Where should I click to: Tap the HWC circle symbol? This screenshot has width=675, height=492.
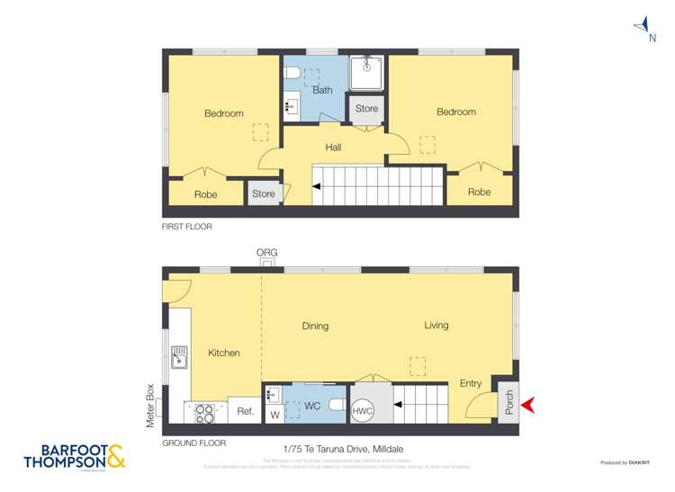(x=363, y=410)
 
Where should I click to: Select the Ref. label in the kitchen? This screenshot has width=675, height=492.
(x=245, y=411)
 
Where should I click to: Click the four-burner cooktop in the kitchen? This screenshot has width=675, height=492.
(x=205, y=412)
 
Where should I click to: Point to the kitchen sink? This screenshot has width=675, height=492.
(x=180, y=356)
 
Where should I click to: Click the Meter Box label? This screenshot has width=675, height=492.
(x=151, y=406)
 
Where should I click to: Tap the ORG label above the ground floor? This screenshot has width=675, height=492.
(x=266, y=253)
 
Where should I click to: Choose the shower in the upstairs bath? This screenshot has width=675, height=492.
(x=365, y=73)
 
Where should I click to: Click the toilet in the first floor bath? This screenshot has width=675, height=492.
(x=292, y=73)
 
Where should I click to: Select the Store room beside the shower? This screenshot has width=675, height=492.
(x=366, y=109)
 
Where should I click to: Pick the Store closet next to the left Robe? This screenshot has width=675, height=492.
(x=263, y=193)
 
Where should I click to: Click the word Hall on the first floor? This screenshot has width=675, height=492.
(x=333, y=148)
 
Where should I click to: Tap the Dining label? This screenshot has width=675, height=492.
(x=315, y=327)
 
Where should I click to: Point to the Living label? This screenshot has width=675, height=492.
(x=436, y=326)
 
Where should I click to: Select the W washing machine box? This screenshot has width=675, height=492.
(x=274, y=414)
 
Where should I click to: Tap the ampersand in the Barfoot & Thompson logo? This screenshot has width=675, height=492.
(x=116, y=458)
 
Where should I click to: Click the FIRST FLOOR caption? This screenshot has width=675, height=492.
(x=187, y=227)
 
